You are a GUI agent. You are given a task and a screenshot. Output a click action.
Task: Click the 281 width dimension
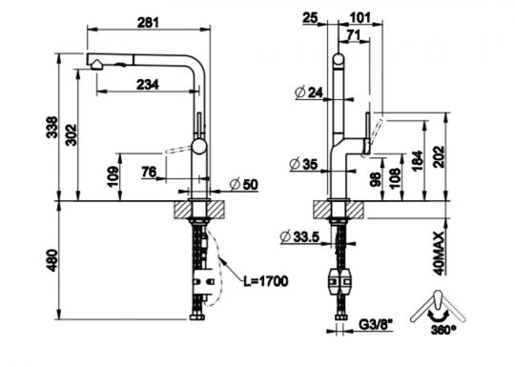tap(148, 23)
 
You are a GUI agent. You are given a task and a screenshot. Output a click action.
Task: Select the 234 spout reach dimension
tap(148, 85)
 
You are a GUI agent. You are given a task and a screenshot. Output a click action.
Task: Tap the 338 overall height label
tap(51, 127)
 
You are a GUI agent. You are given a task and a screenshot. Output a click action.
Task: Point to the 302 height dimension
tap(71, 134)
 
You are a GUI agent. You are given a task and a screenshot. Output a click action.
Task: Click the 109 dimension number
tap(113, 176)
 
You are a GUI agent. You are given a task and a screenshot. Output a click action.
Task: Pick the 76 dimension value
tap(149, 172)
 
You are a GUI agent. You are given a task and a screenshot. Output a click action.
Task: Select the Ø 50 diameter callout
tap(244, 185)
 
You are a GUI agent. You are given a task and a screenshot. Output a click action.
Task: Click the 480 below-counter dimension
tap(51, 260)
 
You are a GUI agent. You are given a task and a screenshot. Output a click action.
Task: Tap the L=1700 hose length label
tap(266, 281)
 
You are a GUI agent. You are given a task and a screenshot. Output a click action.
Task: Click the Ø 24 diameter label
tap(309, 92)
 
